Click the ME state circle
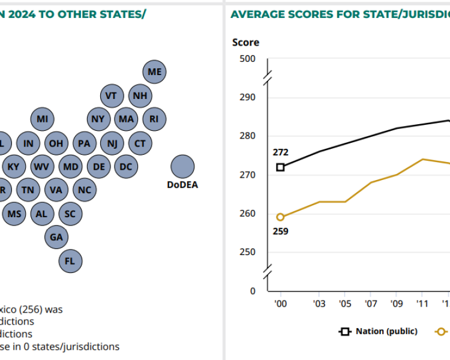click(155, 72)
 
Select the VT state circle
click(112, 96)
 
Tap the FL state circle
click(70, 261)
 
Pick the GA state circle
click(56, 237)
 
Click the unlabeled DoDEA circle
click(182, 166)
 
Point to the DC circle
click(125, 166)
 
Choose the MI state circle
click(42, 119)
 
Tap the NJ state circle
click(112, 143)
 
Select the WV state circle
click(41, 166)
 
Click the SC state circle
click(70, 213)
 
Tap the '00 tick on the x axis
click(280, 304)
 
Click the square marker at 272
click(280, 167)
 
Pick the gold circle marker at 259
click(280, 217)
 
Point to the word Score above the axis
click(245, 42)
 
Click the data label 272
click(280, 152)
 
